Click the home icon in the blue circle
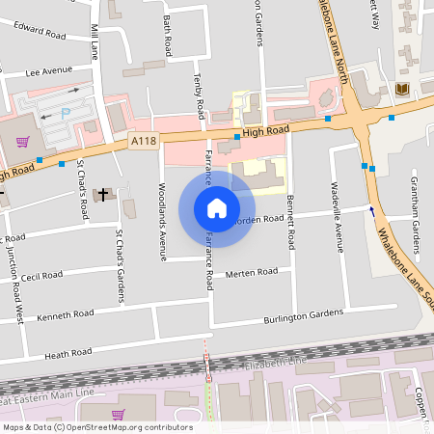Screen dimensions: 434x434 [217, 208]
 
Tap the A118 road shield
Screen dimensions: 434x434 [143, 141]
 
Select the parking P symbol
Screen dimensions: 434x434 [66, 113]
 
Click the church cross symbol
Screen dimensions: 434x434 [103, 194]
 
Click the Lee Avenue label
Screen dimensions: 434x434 [49, 70]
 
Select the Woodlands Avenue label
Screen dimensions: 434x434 [161, 210]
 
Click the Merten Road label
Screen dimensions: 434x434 [251, 273]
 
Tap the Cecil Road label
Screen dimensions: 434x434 [41, 276]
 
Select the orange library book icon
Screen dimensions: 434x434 [402, 89]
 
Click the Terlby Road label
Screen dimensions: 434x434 [200, 95]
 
